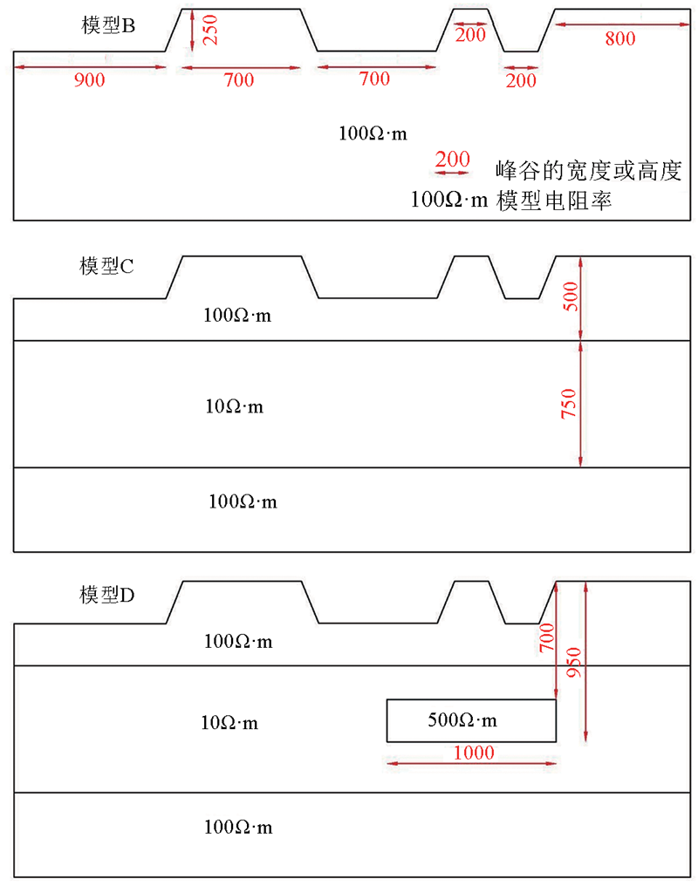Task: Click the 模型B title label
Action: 108,25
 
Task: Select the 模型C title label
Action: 106,266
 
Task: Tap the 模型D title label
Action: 106,595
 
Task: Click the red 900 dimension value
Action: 89,79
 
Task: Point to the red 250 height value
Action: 209,30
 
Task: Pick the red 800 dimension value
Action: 620,38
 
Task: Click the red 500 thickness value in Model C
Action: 571,296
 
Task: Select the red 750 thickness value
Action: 569,404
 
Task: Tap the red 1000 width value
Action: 474,753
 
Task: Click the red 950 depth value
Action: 573,662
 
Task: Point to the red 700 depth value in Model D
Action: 547,637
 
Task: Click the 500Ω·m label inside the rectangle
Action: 462,720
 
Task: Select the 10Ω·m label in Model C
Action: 234,406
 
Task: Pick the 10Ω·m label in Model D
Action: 229,723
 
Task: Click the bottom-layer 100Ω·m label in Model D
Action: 238,828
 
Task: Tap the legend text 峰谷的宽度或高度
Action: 588,171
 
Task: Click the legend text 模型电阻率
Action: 554,201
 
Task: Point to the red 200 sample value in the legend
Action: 452,160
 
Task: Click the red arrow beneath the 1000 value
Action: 471,763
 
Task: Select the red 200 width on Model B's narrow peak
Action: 470,35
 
